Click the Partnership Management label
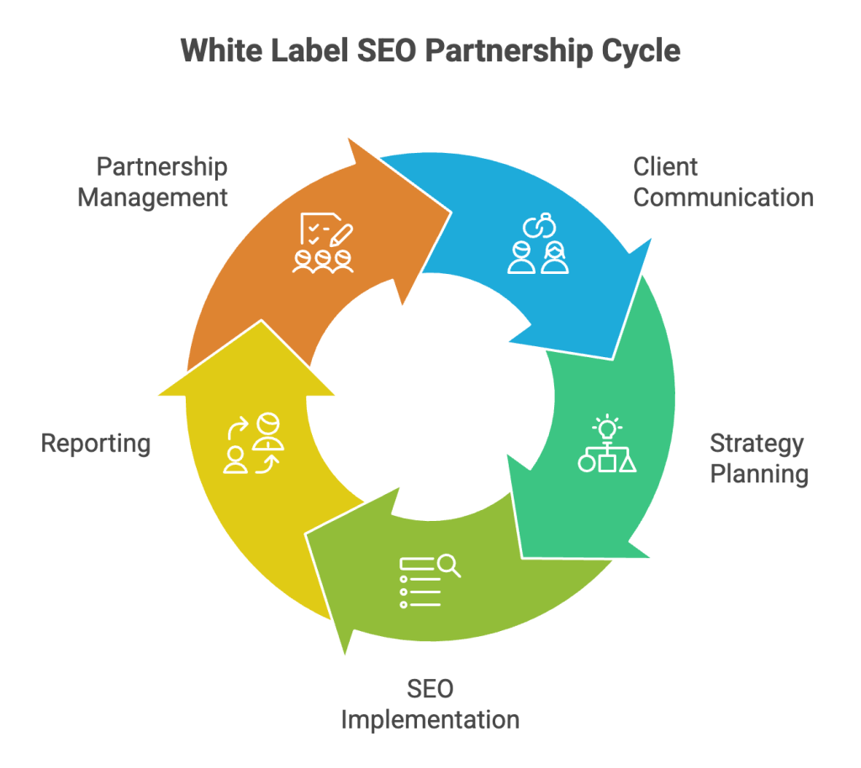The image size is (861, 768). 152,181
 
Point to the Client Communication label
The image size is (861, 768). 723,181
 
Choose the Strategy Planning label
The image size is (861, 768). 758,458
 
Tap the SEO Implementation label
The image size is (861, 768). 430,704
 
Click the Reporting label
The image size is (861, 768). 96,443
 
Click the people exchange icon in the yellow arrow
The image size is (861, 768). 255,443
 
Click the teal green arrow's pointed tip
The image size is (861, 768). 523,555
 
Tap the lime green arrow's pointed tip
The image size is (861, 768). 344,652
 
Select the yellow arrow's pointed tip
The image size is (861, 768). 260,322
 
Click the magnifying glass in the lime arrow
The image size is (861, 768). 448,565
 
